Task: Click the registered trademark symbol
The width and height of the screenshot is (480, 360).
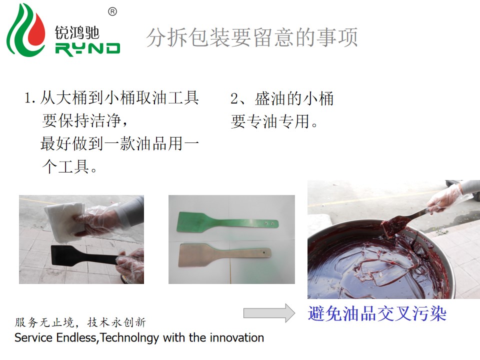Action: (x=112, y=11)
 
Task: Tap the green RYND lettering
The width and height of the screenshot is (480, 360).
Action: (x=88, y=49)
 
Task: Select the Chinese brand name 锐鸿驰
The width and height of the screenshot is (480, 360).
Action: (x=77, y=32)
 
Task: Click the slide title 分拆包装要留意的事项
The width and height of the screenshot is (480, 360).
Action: (x=252, y=37)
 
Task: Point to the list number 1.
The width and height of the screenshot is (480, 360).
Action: (x=29, y=98)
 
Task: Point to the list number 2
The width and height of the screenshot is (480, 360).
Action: (x=234, y=98)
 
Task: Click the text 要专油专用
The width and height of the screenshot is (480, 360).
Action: (x=274, y=121)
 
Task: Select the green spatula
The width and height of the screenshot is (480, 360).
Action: (x=227, y=222)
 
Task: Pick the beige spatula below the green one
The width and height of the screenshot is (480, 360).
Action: (x=224, y=254)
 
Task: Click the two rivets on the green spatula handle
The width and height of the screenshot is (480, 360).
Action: (x=268, y=224)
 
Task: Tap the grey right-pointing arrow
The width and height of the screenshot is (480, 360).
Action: (x=269, y=313)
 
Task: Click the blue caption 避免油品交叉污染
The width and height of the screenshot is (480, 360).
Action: (x=377, y=313)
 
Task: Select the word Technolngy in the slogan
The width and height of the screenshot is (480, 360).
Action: (x=129, y=338)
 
